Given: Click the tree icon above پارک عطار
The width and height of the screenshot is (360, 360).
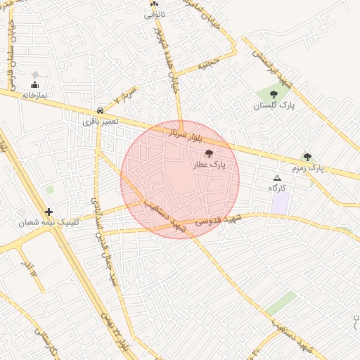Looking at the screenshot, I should [x=208, y=153].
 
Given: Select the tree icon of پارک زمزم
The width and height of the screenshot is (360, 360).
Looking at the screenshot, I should [x=307, y=157].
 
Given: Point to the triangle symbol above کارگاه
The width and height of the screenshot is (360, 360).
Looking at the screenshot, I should [x=277, y=178].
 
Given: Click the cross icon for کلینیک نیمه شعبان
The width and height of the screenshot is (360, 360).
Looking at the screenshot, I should [x=49, y=212].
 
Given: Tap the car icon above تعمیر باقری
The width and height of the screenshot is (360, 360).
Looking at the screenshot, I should [x=101, y=110].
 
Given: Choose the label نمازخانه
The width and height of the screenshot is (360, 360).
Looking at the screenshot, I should [x=34, y=94].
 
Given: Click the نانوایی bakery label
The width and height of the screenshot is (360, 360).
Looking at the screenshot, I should [x=155, y=13].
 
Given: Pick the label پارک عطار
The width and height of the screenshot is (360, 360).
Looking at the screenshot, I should [x=208, y=165].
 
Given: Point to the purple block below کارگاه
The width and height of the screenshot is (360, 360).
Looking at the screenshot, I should [x=281, y=204].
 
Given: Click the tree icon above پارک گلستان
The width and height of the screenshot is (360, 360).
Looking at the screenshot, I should [x=274, y=94].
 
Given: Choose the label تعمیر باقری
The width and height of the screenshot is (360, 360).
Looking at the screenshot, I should [x=101, y=122].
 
